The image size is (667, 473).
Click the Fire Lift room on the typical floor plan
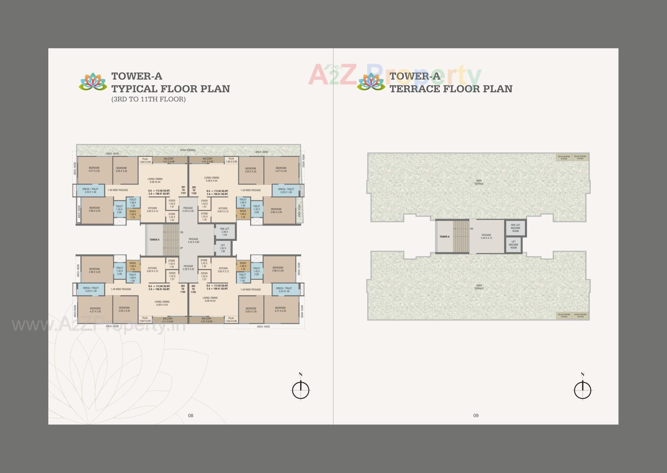[225, 232]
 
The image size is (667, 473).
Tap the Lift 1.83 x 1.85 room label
[223, 248]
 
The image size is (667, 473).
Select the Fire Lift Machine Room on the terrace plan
[516, 228]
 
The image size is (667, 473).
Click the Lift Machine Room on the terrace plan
[513, 245]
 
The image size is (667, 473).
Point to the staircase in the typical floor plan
[171, 240]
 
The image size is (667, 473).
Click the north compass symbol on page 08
[301, 389]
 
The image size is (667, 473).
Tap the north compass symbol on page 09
[583, 389]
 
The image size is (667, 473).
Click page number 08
[191, 415]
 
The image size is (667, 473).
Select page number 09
[476, 415]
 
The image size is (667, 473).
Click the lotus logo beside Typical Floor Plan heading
[93, 82]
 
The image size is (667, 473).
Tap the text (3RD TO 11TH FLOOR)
[148, 99]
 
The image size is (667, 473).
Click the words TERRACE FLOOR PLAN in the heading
[451, 89]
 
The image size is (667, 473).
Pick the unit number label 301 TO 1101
[183, 190]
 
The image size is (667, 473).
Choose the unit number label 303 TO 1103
[193, 289]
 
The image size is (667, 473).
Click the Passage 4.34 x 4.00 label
[193, 240]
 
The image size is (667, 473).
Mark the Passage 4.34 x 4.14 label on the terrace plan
[486, 236]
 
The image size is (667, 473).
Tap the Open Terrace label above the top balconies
[188, 150]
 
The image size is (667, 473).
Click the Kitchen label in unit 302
[223, 210]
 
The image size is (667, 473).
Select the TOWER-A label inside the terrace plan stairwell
[444, 237]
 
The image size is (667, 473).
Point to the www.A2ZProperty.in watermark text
[99, 326]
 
